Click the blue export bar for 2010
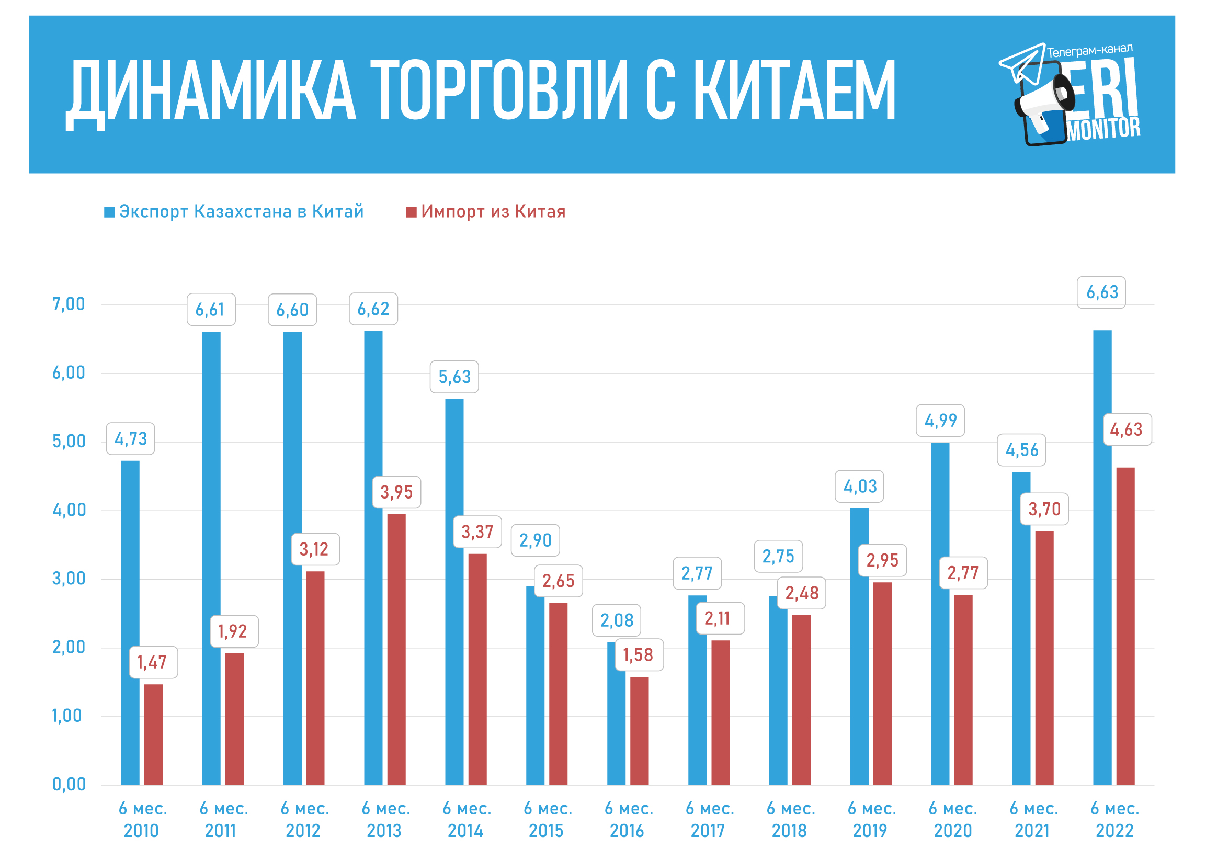point(130,622)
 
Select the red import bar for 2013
point(396,649)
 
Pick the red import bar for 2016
point(639,730)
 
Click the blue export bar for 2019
point(859,646)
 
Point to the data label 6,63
point(1101,292)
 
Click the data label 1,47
point(153,662)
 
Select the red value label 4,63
point(1127,429)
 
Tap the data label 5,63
point(454,377)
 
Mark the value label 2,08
point(616,620)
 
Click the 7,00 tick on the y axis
point(69,304)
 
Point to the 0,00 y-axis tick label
point(69,784)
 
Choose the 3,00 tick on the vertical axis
point(69,579)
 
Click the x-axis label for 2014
point(467,820)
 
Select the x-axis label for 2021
point(1033,820)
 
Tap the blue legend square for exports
point(109,212)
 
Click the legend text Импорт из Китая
point(493,212)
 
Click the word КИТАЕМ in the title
point(794,90)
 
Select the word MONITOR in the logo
point(1103,129)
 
